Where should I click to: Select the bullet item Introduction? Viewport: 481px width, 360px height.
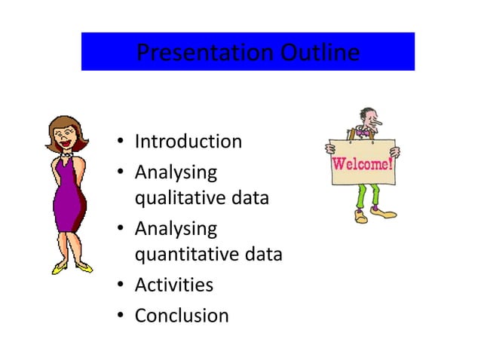click(x=188, y=142)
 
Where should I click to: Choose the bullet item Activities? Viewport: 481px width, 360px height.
click(x=173, y=285)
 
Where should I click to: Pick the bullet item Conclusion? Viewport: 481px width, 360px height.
click(x=181, y=316)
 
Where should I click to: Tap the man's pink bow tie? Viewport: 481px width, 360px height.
click(x=365, y=133)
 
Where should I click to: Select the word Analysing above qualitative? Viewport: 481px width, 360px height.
click(x=176, y=172)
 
